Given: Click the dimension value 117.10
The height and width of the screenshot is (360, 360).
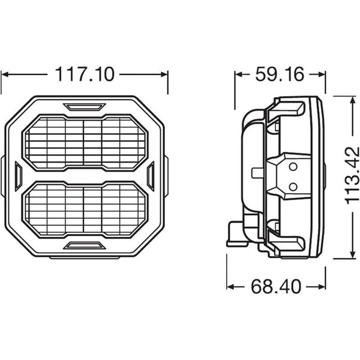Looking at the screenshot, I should click(x=85, y=74).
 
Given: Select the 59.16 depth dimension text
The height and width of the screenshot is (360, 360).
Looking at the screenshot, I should click(x=279, y=74).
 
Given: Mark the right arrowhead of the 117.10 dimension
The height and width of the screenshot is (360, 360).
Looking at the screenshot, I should click(x=164, y=75).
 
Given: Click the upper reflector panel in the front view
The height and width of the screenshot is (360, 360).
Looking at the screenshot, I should click(x=85, y=142).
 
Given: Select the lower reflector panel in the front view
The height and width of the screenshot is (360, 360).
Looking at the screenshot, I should click(x=85, y=209).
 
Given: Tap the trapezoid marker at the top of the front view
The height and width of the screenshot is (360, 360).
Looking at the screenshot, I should click(x=85, y=107).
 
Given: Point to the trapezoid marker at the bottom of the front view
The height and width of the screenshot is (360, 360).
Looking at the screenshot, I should click(x=85, y=245).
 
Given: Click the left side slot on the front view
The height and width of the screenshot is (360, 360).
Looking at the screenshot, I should click(x=18, y=176).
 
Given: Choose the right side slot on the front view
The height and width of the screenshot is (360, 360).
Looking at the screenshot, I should click(x=151, y=176).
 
